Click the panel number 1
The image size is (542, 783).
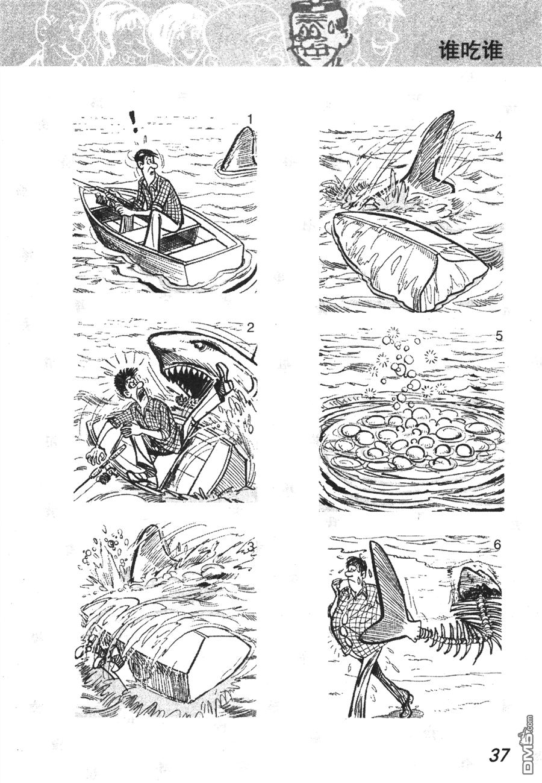coord(249,119)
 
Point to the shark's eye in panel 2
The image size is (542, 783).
coord(199,346)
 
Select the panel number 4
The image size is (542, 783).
coord(499,136)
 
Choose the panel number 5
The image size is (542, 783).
coord(499,336)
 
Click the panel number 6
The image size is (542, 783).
coord(497,545)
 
